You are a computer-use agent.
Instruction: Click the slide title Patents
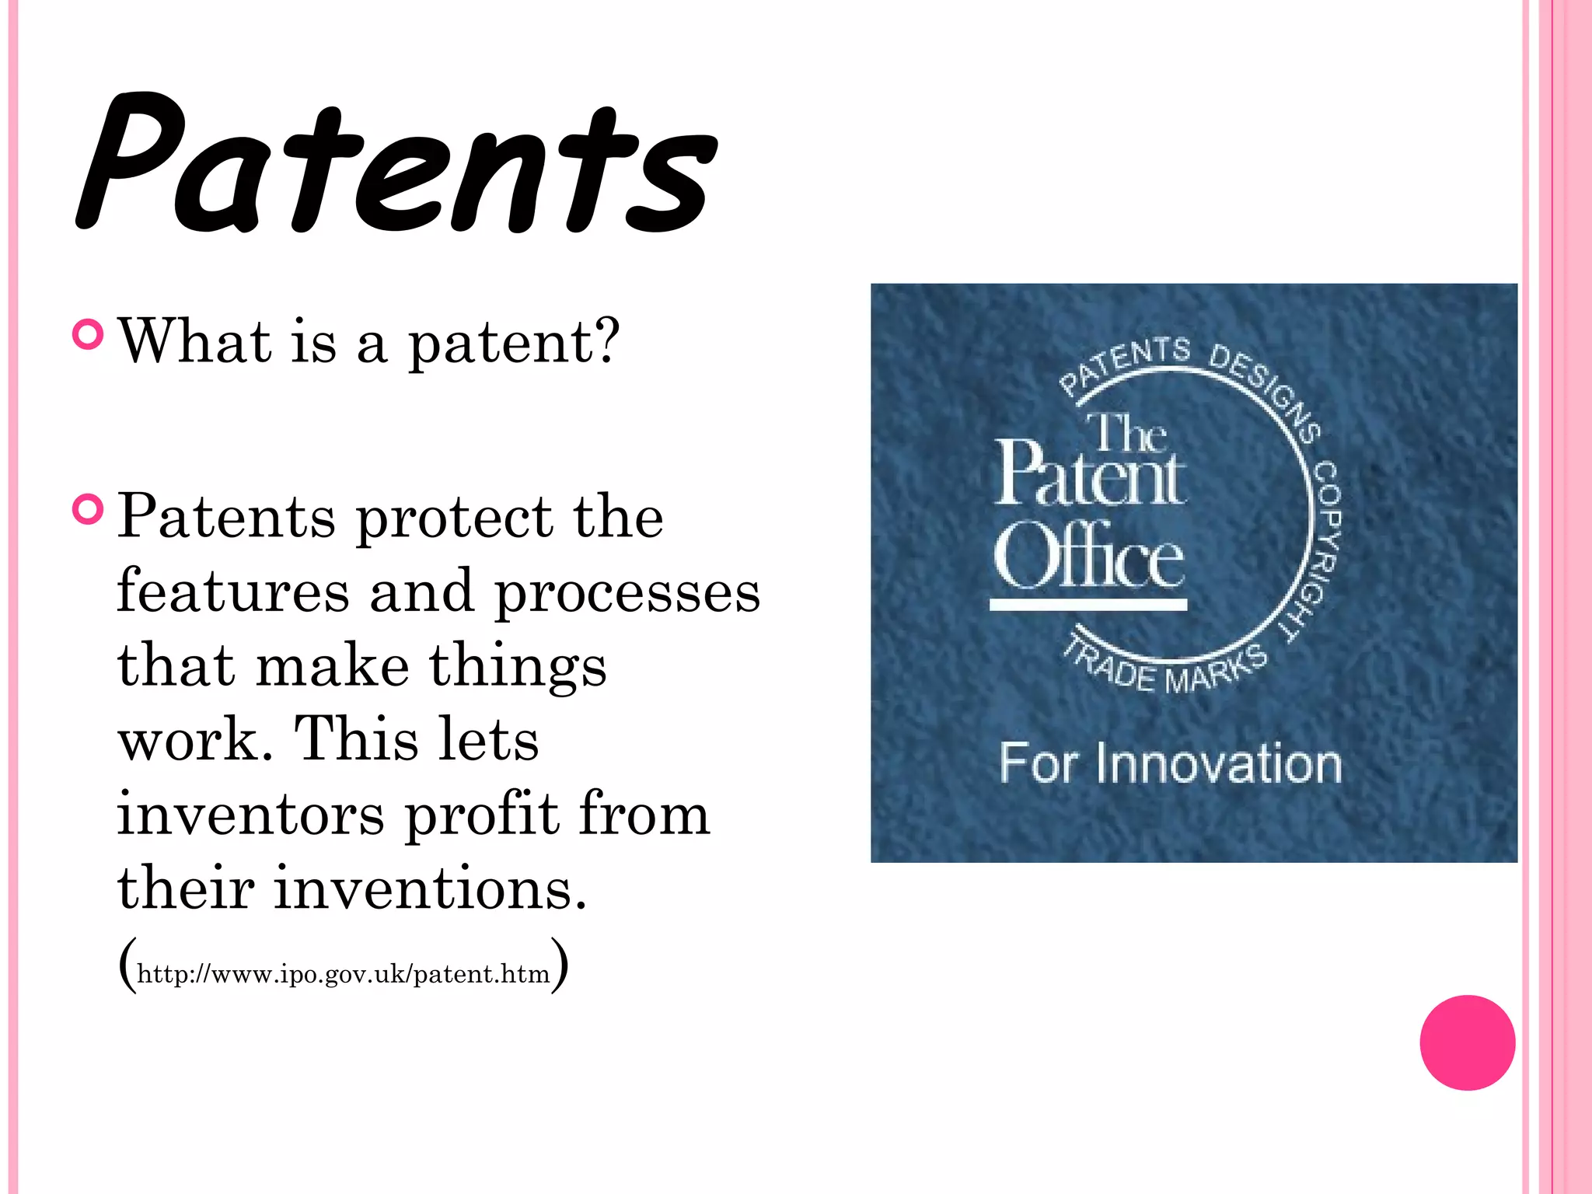pyautogui.click(x=396, y=163)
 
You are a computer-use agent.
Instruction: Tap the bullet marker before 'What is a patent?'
pyautogui.click(x=87, y=334)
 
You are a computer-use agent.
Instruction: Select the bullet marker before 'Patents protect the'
pyautogui.click(x=87, y=510)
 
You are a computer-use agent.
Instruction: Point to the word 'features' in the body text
pyautogui.click(x=232, y=591)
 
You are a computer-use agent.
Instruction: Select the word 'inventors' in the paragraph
pyautogui.click(x=250, y=814)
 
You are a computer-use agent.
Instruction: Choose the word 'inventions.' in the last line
pyautogui.click(x=430, y=888)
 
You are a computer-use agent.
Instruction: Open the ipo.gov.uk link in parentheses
pyautogui.click(x=343, y=974)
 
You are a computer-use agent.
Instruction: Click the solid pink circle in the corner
pyautogui.click(x=1467, y=1042)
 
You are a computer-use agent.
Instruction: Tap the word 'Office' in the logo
pyautogui.click(x=1088, y=555)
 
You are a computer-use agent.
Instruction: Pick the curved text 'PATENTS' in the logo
pyautogui.click(x=1124, y=364)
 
